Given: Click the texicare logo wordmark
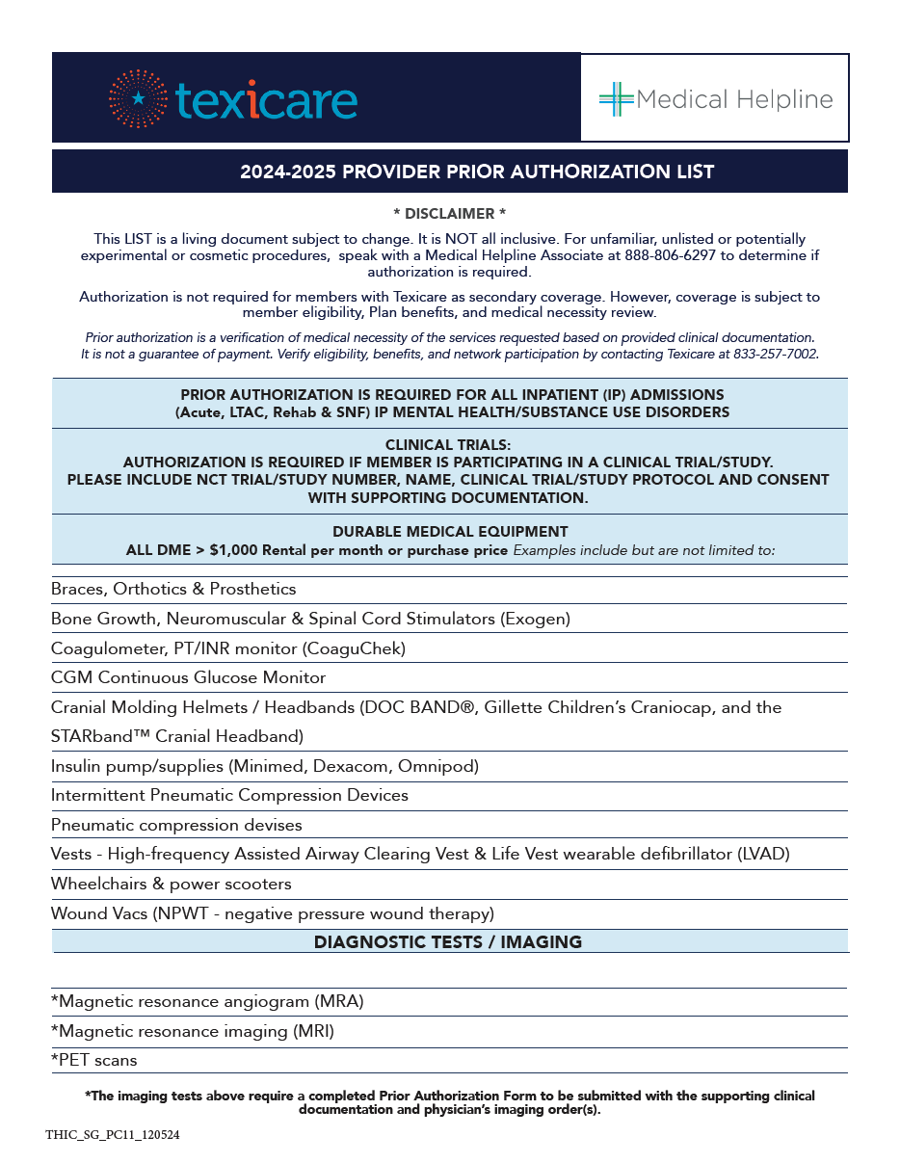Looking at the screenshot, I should click(x=266, y=100).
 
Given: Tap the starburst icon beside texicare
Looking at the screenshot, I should click(x=139, y=98).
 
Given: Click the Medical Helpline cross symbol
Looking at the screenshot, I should click(x=616, y=99).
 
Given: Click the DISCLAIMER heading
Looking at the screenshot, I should click(x=449, y=213).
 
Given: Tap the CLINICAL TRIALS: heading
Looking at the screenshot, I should click(x=448, y=445).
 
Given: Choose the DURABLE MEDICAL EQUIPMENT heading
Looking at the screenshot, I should click(x=450, y=532).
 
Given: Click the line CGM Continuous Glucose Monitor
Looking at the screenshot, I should click(x=188, y=678).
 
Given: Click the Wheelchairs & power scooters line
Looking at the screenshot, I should click(x=171, y=884).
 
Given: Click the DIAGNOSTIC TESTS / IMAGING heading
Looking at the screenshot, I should click(x=448, y=942).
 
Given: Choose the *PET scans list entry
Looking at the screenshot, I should click(x=94, y=1061).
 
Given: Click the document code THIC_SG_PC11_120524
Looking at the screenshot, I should click(x=112, y=1135).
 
